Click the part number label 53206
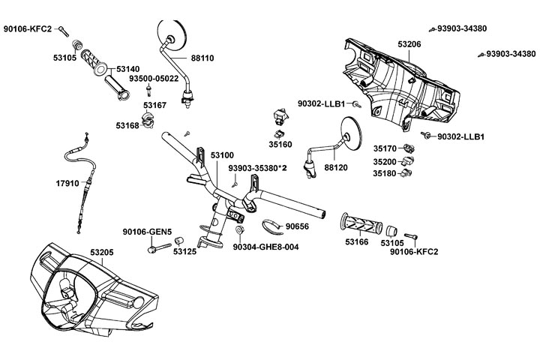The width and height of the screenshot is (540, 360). [409, 45]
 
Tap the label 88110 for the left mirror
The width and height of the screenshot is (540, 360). [203, 57]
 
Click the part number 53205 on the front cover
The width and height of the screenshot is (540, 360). [101, 253]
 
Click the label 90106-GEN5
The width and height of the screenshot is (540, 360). [148, 231]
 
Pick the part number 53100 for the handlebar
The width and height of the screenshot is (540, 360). [222, 154]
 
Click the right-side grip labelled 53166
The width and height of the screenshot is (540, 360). [360, 224]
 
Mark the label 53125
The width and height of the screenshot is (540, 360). [184, 252]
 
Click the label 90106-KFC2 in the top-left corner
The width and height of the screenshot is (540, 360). [28, 28]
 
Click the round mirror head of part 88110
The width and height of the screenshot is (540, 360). [172, 35]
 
